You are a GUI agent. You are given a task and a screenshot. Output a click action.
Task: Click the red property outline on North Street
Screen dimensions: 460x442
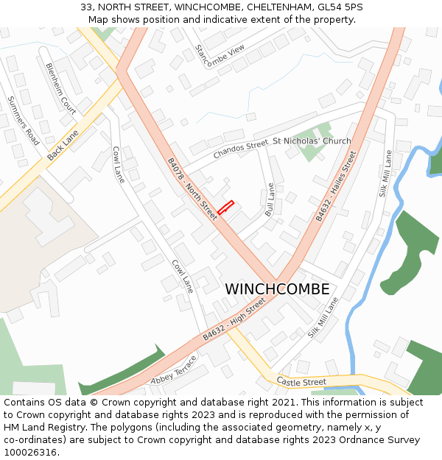tap(225, 208)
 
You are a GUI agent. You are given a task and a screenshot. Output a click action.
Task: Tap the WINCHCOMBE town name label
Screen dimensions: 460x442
tap(277, 289)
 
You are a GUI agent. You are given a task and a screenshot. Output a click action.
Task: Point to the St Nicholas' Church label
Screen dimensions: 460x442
tap(312, 141)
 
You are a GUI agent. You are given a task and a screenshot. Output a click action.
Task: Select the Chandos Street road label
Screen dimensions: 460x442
tap(241, 150)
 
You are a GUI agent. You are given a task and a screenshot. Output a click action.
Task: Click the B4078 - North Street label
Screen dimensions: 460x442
tap(192, 189)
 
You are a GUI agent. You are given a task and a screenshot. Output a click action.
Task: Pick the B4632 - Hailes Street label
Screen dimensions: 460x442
tap(336, 186)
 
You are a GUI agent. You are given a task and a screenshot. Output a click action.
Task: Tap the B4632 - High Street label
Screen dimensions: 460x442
tap(234, 319)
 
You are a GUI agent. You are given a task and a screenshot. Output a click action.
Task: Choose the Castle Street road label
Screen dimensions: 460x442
tap(301, 382)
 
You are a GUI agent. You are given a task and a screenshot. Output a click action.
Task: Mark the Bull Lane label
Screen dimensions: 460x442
tap(270, 199)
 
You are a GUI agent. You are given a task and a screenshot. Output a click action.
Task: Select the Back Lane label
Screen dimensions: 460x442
tap(63, 146)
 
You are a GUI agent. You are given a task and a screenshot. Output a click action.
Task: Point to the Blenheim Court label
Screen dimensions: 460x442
tap(61, 87)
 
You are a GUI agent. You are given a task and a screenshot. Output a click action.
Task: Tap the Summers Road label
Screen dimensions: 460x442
tap(23, 121)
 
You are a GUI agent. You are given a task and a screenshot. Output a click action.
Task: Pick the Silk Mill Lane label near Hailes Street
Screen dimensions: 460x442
tap(385, 174)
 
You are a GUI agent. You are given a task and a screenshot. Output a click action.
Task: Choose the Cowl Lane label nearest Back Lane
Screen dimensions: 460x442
tap(119, 164)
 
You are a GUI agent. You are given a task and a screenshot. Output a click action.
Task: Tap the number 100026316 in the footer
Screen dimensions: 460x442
tap(29, 452)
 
